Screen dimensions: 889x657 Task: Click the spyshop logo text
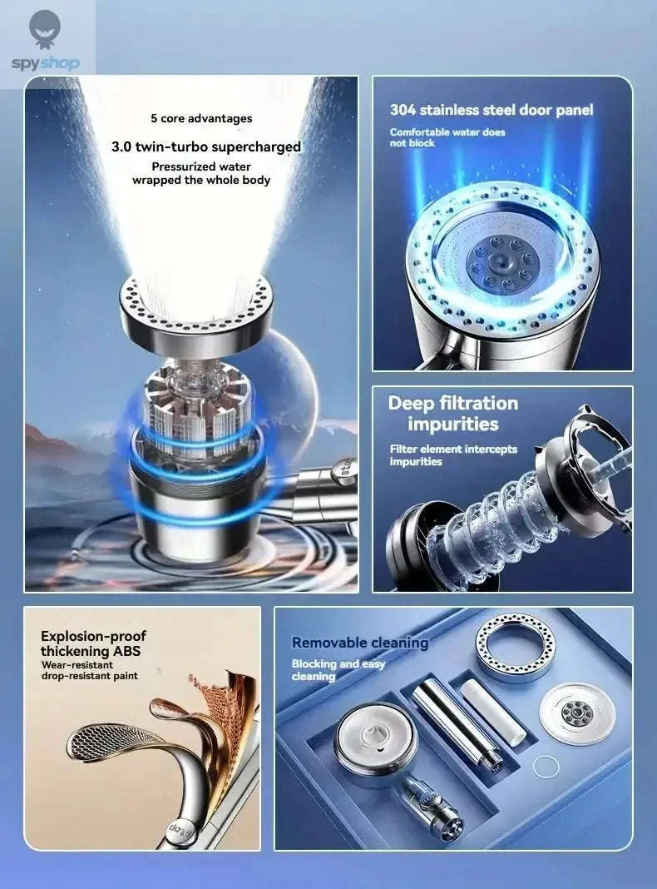tap(47, 63)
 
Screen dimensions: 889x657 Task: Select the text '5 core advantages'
tap(201, 119)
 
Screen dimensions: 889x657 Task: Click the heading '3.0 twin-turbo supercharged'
tap(206, 147)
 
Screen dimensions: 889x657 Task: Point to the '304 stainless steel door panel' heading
tap(492, 110)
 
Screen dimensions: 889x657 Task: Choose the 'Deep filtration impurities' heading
tap(453, 414)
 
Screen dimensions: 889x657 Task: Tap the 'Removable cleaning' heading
tap(359, 643)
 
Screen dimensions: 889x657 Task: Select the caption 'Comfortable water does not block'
tap(447, 137)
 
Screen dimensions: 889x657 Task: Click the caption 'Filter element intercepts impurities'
tap(453, 454)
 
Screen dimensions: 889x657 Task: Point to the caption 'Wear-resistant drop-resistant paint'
tap(89, 670)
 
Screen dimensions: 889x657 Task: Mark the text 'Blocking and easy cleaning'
tap(338, 669)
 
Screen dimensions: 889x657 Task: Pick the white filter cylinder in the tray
tap(494, 711)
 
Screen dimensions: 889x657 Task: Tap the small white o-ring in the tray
tap(545, 767)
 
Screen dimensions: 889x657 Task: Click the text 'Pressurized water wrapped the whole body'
tap(201, 173)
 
